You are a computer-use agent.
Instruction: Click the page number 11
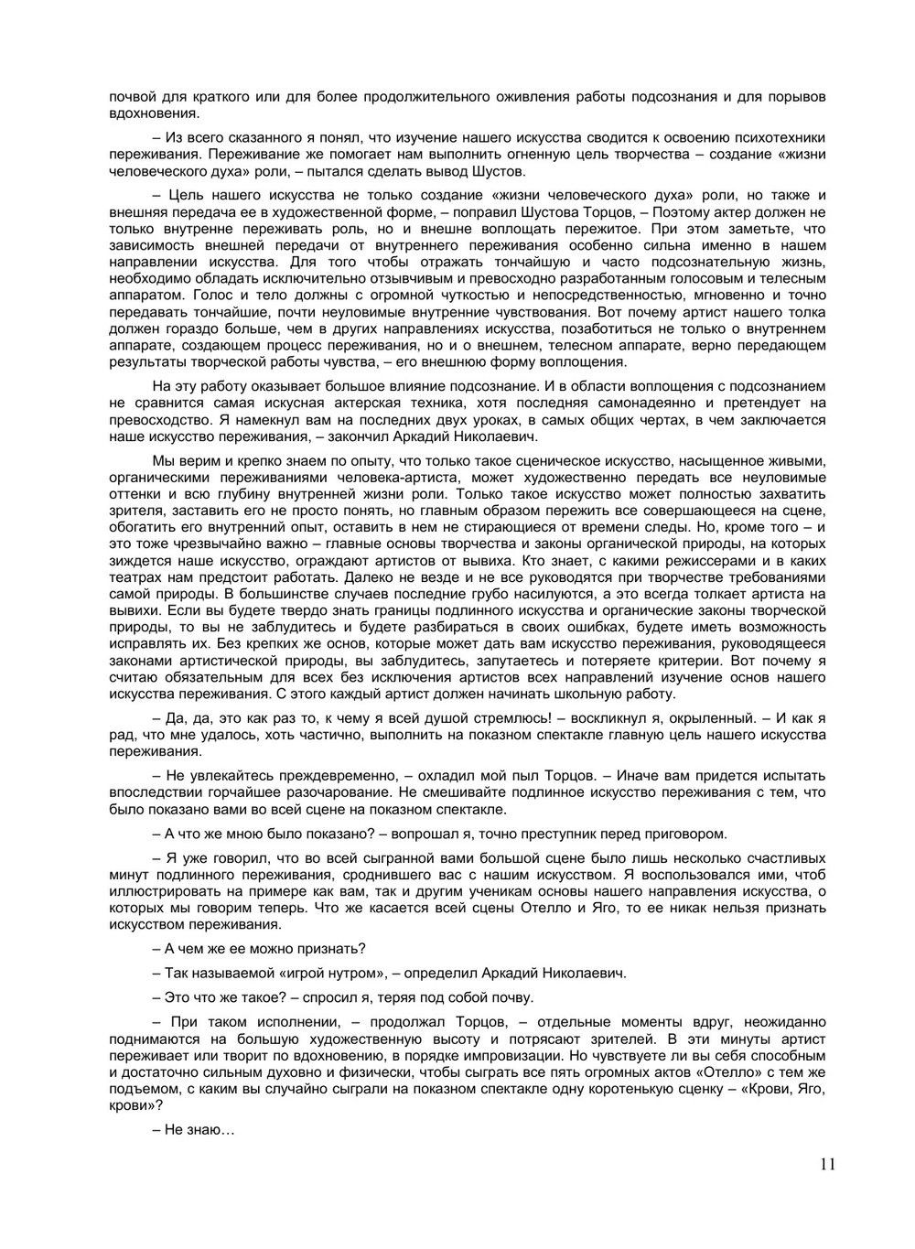pyautogui.click(x=827, y=1164)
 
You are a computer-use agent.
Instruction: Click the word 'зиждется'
pyautogui.click(x=135, y=561)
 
